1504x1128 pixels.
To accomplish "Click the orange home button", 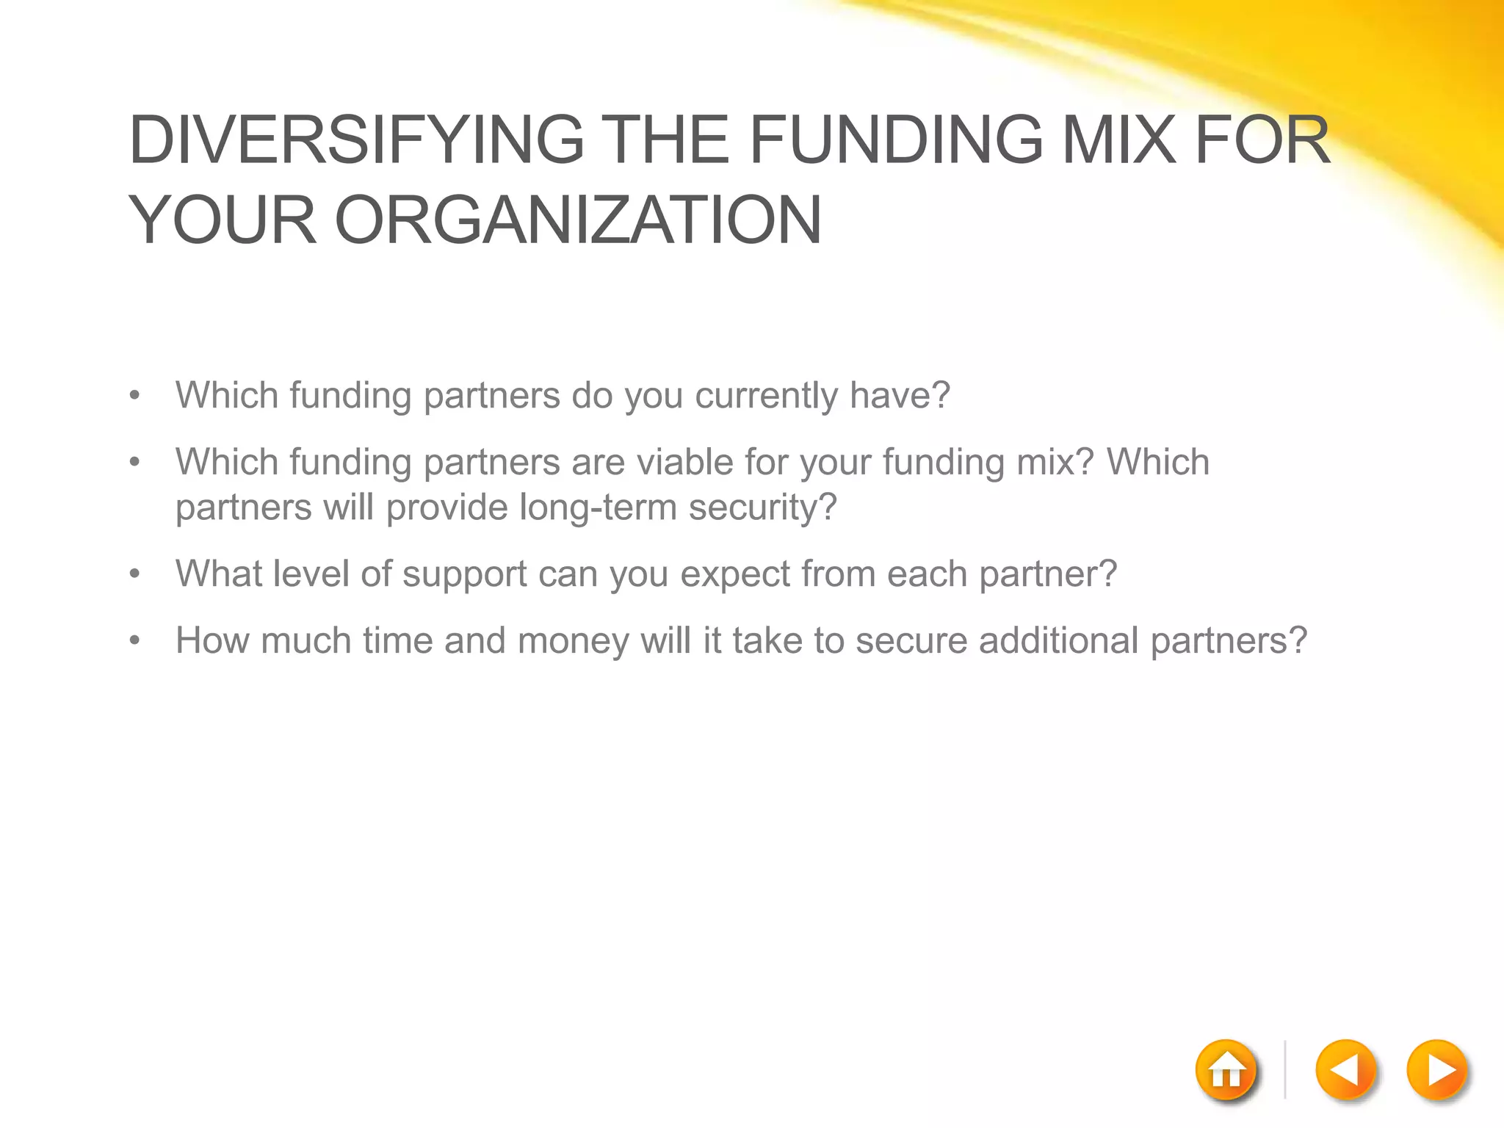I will pyautogui.click(x=1226, y=1070).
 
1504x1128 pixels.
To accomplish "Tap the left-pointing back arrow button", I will pyautogui.click(x=1345, y=1070).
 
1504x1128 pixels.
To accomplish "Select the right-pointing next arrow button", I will pyautogui.click(x=1437, y=1070).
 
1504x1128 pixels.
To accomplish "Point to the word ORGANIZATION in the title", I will pyautogui.click(x=578, y=220).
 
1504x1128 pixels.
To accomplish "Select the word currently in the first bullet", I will pyautogui.click(x=766, y=396).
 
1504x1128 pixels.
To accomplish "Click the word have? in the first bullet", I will pyautogui.click(x=900, y=395).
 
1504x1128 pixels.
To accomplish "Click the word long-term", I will pyautogui.click(x=598, y=507).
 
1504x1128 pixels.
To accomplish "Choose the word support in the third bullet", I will pyautogui.click(x=465, y=575).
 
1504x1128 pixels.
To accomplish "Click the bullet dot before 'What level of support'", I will pyautogui.click(x=134, y=574).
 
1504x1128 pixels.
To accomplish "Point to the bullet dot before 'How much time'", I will pyautogui.click(x=134, y=641).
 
